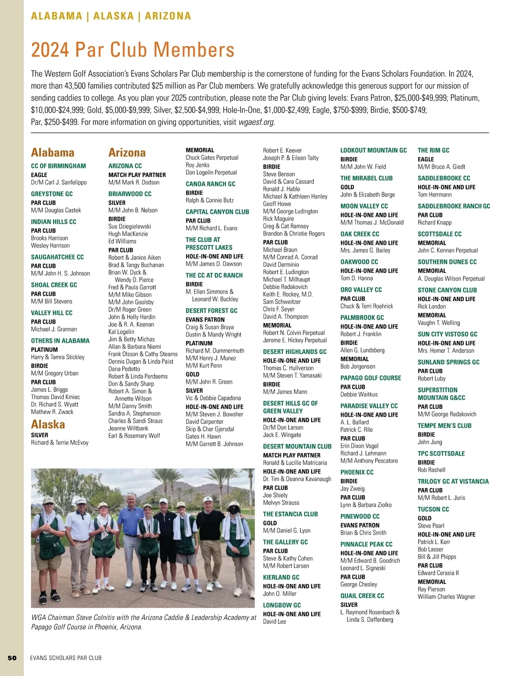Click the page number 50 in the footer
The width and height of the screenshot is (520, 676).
[x=12, y=658]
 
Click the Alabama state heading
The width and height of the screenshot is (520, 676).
[x=52, y=153]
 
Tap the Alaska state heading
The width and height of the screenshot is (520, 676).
[x=48, y=424]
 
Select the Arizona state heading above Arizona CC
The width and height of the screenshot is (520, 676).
[x=127, y=153]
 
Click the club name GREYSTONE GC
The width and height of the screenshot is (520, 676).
[x=52, y=194]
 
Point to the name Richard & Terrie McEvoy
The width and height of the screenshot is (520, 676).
[x=59, y=443]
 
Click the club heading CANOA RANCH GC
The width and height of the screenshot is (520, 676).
[x=211, y=184]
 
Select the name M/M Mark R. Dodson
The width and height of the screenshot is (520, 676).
[x=134, y=182]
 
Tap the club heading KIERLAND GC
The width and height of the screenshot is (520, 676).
[x=281, y=578]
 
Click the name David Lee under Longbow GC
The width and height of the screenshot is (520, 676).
[x=274, y=621]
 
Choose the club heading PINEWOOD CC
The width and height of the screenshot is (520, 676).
[x=360, y=516]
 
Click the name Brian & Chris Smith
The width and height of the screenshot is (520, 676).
[x=363, y=533]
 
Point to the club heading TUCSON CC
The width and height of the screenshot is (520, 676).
[x=433, y=509]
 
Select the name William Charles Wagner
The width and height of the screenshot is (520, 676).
[x=446, y=597]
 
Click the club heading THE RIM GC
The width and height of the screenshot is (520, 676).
[x=433, y=151]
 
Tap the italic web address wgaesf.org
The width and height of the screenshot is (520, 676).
[x=256, y=122]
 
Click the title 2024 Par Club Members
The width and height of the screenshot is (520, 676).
[x=133, y=49]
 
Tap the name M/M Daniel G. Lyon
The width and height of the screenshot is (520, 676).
[x=286, y=531]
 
